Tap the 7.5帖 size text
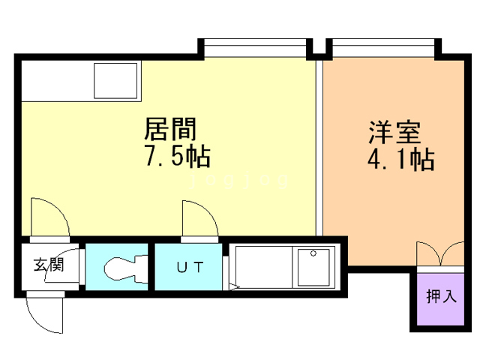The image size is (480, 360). (176, 157)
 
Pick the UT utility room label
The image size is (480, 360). (188, 267)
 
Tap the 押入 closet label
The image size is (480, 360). (441, 296)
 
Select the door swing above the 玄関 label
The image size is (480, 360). (49, 217)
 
